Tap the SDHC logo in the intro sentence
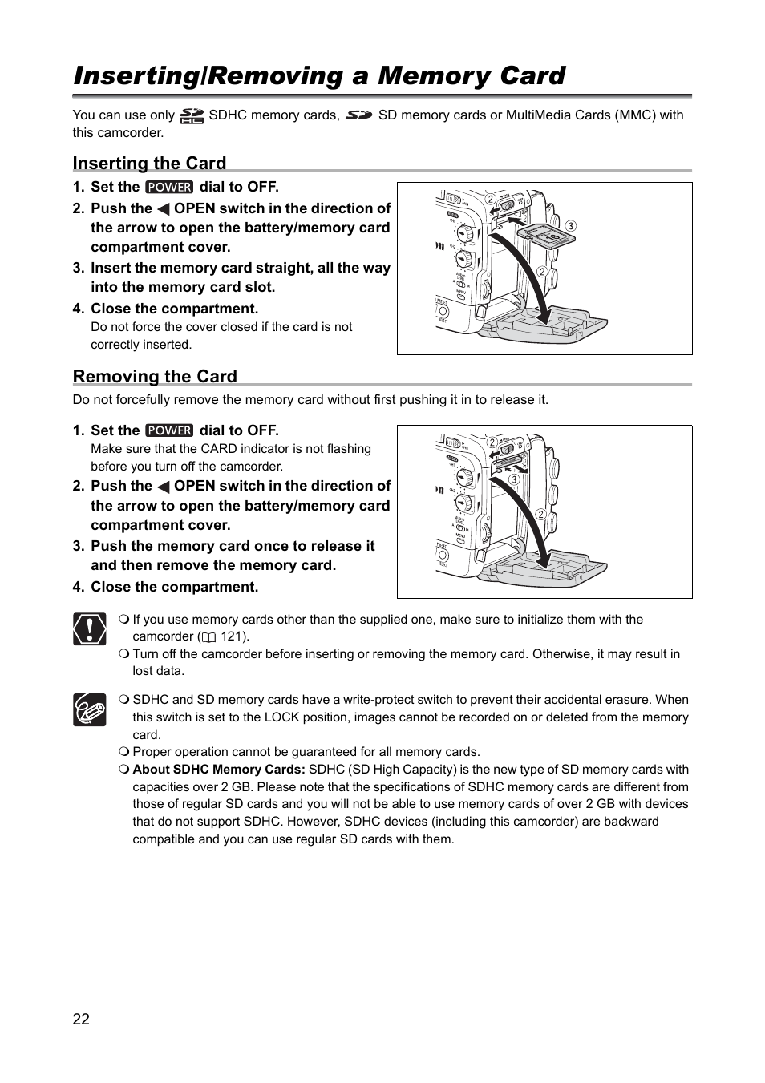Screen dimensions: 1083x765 [x=192, y=116]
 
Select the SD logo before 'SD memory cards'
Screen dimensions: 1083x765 [x=359, y=115]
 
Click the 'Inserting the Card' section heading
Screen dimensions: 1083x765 [x=149, y=164]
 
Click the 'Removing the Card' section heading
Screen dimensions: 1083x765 [x=155, y=377]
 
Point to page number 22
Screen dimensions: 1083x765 [x=81, y=1019]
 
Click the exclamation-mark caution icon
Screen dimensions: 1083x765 [x=89, y=628]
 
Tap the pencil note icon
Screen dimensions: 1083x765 [x=89, y=709]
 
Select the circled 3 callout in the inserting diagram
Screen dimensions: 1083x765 [x=571, y=226]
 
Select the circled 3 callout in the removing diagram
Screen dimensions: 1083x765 [x=514, y=479]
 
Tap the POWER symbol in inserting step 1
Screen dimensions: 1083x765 [x=169, y=187]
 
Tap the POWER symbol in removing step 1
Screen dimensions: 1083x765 [x=169, y=430]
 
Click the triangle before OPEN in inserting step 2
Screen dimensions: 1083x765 [x=163, y=209]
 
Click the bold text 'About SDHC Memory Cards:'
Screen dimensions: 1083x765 [x=218, y=770]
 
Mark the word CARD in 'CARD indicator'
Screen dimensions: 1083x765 [x=219, y=449]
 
